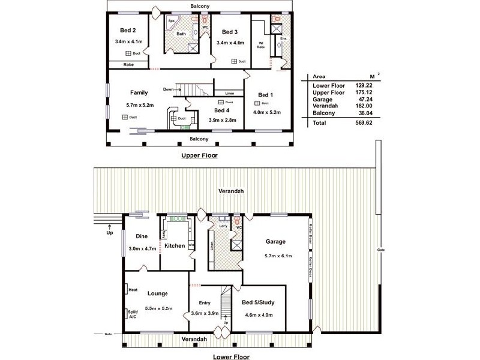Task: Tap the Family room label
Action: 139,93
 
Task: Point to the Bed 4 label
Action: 221,110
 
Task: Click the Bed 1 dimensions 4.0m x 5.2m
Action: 265,112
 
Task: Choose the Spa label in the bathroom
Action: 171,20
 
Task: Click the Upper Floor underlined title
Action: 200,155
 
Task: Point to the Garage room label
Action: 275,242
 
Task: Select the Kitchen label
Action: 175,246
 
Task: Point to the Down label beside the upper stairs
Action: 168,89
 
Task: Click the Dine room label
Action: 142,236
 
